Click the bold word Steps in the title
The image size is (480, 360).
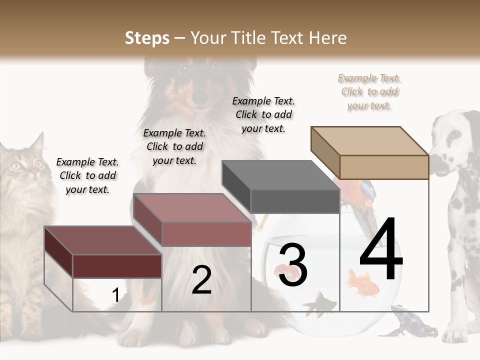click(x=147, y=38)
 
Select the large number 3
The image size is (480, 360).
click(x=293, y=265)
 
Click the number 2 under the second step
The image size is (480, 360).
click(x=201, y=280)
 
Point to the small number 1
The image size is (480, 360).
click(x=115, y=295)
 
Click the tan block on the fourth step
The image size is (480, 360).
click(x=383, y=166)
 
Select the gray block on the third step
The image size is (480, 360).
click(x=294, y=200)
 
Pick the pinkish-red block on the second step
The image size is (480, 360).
click(x=206, y=233)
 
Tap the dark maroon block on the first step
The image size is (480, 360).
click(x=116, y=265)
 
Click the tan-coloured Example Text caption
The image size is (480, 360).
click(x=369, y=91)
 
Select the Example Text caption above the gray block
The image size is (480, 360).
click(x=263, y=114)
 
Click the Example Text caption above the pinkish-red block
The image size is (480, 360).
click(x=174, y=146)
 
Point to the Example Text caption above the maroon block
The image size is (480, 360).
click(x=87, y=175)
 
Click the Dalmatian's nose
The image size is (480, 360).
click(x=434, y=163)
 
